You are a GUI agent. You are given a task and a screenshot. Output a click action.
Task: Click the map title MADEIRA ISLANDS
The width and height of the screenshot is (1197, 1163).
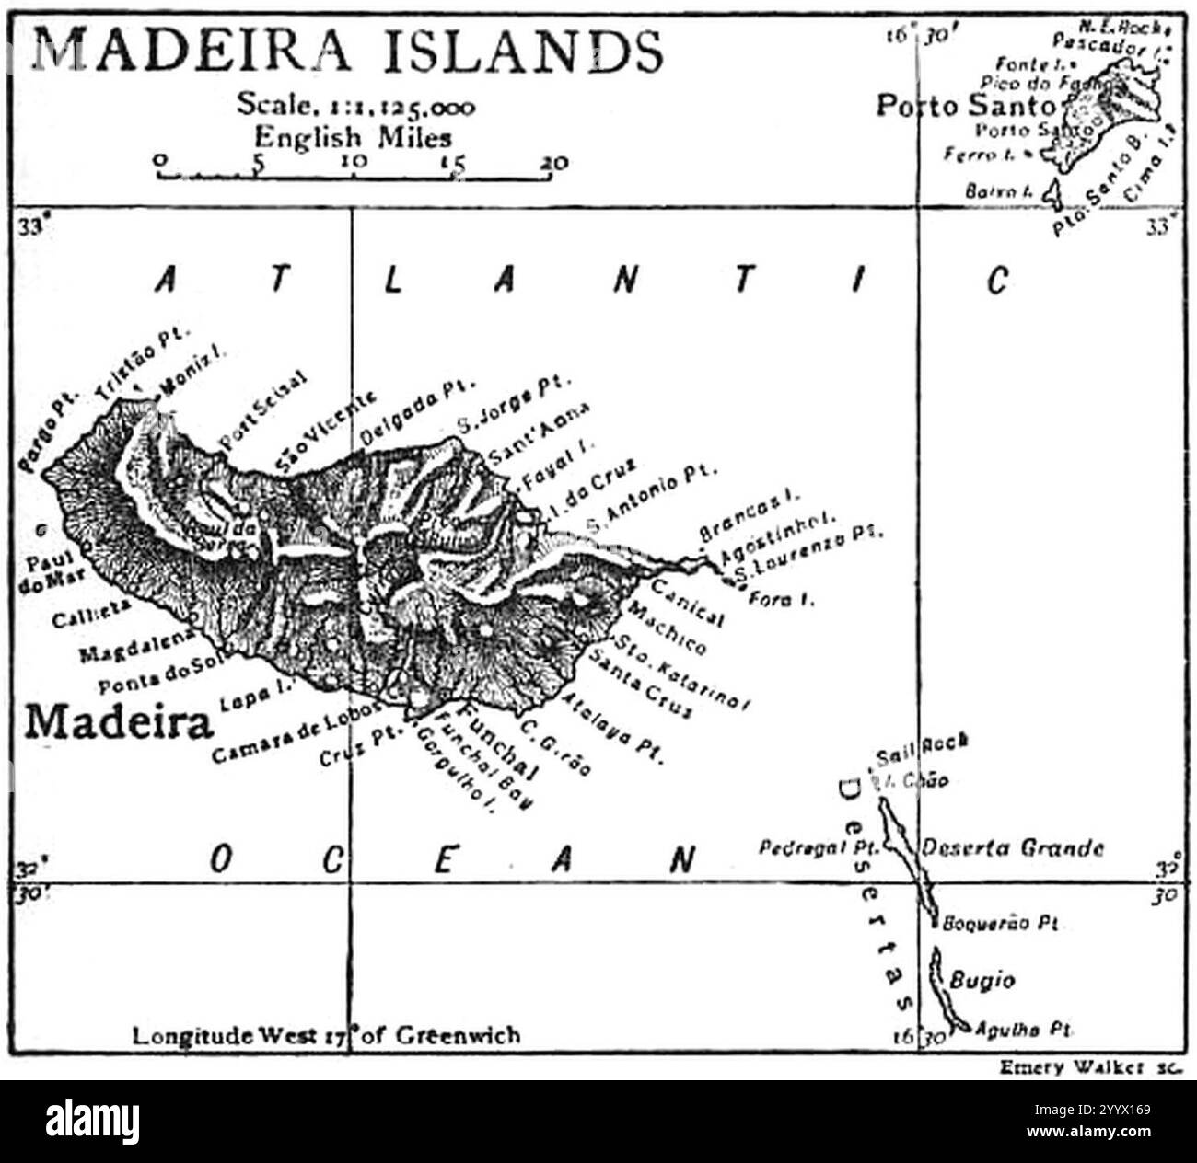coord(348,51)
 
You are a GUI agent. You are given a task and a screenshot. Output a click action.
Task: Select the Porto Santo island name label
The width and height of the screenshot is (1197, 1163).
coord(965,106)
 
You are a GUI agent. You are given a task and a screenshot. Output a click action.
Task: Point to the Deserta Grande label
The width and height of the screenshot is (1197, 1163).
coord(1013,847)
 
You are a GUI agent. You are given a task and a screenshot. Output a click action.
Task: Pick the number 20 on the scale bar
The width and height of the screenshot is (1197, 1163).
coord(554,163)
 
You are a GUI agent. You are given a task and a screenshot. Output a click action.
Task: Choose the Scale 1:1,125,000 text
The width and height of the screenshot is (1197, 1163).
coord(355,105)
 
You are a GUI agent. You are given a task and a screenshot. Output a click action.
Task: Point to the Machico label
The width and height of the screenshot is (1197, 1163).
coord(668,631)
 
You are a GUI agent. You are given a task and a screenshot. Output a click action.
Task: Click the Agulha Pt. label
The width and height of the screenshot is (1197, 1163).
coord(1024,1029)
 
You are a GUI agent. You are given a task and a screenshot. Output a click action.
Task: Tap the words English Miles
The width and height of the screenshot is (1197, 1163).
coord(354,137)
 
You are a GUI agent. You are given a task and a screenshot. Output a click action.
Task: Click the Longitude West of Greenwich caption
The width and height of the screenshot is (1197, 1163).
coord(326,1035)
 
